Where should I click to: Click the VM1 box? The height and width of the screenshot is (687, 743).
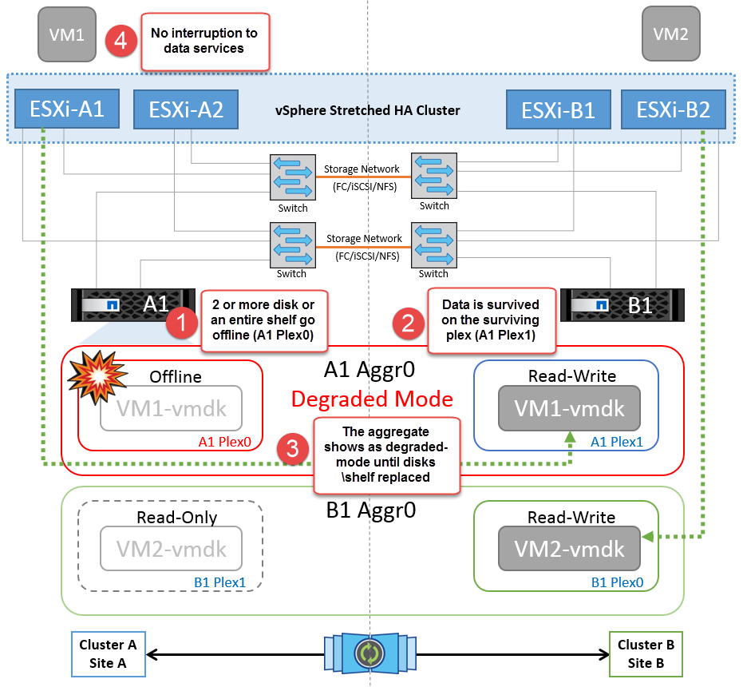(x=67, y=34)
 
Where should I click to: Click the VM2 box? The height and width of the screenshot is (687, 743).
(x=670, y=34)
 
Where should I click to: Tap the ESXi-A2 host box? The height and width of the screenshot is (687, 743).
(x=186, y=110)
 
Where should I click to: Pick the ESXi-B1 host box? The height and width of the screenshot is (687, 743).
(x=558, y=110)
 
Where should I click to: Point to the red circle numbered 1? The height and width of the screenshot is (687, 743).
(x=181, y=324)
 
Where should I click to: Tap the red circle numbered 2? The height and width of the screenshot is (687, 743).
(x=408, y=324)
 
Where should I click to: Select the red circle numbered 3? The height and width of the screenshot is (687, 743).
(x=293, y=450)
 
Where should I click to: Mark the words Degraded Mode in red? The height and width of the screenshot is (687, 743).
(x=371, y=399)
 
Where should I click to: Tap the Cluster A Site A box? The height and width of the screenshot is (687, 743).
(x=108, y=653)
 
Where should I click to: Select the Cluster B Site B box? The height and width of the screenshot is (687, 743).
(x=641, y=653)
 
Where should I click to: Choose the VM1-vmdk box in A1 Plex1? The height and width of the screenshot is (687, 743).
(x=569, y=408)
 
